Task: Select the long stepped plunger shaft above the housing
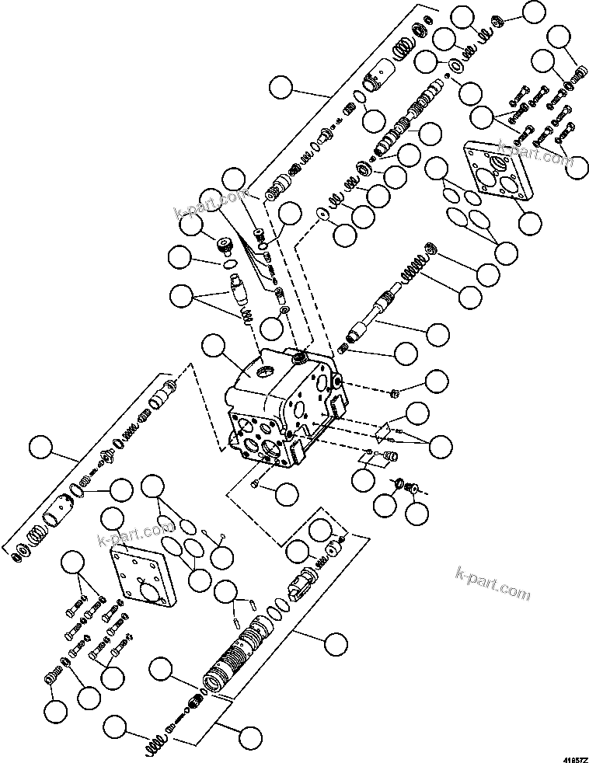pyautogui.click(x=378, y=312)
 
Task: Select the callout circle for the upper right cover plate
pyautogui.click(x=530, y=222)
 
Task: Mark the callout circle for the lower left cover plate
pyautogui.click(x=117, y=519)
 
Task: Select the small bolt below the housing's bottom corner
pyautogui.click(x=257, y=485)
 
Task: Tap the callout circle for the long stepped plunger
pyautogui.click(x=437, y=334)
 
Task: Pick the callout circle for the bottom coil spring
pyautogui.click(x=115, y=727)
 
